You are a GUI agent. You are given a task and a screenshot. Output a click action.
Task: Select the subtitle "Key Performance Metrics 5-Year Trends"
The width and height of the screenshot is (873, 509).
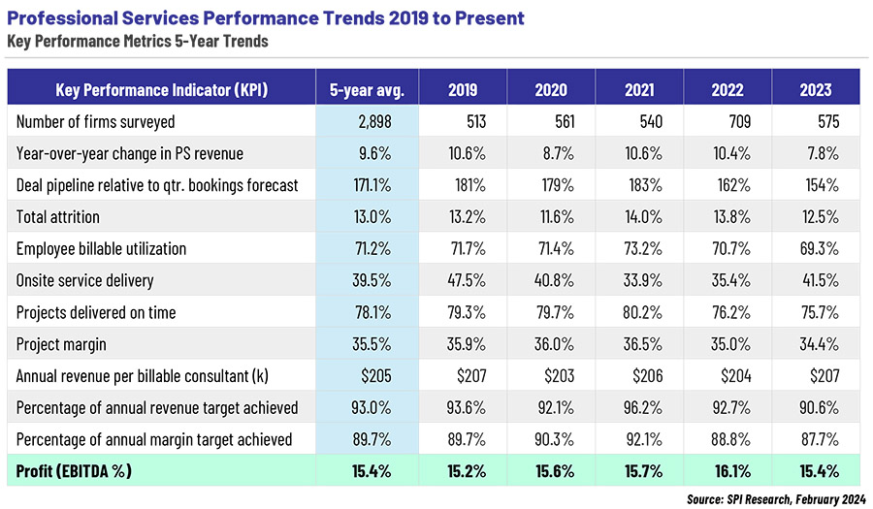[x=137, y=41]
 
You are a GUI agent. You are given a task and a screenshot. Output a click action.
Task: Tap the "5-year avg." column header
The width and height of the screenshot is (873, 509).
[x=367, y=89]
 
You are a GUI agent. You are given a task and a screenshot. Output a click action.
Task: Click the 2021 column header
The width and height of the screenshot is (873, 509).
[x=639, y=89]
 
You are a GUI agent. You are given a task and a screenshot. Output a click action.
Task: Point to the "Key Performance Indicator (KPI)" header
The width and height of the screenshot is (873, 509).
[x=162, y=89]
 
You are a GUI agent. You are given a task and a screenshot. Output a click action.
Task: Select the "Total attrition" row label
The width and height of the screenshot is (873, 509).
[x=58, y=217]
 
